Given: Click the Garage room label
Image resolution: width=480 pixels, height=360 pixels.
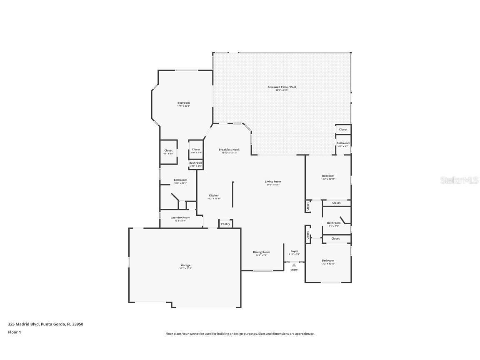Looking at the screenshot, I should point(185,265).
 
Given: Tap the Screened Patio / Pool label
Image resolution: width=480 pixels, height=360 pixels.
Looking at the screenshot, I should point(282,87).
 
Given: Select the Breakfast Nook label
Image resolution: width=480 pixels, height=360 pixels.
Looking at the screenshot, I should point(229,150).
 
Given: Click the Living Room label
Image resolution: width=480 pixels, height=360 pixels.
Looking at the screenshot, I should point(273,182).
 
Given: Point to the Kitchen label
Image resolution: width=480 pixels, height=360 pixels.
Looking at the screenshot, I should point(214,196).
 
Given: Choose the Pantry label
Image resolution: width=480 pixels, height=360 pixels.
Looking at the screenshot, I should point(225,224).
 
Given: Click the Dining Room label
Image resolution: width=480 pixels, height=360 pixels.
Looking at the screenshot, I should point(261,252).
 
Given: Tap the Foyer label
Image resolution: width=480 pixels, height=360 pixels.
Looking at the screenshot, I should point(294,251).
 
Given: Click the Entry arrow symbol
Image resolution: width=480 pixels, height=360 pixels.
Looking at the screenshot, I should point(294,265).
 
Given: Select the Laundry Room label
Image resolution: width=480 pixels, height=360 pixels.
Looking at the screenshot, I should point(180,217).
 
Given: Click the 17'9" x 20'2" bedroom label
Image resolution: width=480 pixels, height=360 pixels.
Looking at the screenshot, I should point(183,103).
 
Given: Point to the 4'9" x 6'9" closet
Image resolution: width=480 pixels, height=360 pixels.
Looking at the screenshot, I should point(168,151).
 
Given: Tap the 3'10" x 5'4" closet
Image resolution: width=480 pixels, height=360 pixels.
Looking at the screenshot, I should point(196,150).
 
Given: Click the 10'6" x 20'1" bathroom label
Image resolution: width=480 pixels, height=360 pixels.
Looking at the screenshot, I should point(180,180).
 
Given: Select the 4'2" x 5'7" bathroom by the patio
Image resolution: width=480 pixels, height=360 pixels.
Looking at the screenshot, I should point(343,143).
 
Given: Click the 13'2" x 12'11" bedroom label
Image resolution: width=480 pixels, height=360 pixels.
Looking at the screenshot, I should point(328,176).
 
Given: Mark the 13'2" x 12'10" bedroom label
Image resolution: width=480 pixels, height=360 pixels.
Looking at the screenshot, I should point(328,261).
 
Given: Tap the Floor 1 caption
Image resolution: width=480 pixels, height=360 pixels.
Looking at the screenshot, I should point(14,332).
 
